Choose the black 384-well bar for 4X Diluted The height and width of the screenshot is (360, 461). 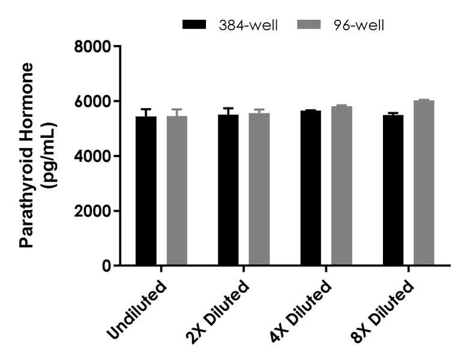[311, 188]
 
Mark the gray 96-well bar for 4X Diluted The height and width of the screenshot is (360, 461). [342, 185]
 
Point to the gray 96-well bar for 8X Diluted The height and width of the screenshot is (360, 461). [424, 182]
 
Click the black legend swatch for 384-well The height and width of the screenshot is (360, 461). [193, 25]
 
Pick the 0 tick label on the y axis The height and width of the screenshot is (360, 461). [106, 266]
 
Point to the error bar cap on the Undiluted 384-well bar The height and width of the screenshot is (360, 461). [146, 109]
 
